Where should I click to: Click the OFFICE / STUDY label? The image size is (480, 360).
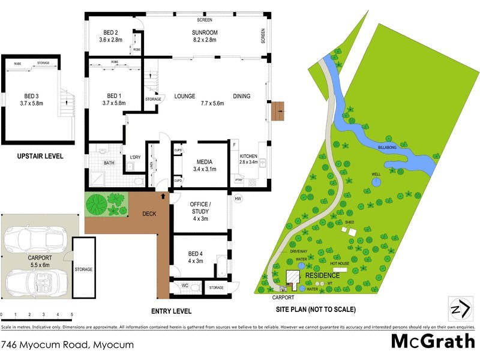tap(200, 208)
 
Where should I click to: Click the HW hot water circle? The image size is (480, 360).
tap(238, 199)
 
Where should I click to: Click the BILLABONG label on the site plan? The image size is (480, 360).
tap(389, 146)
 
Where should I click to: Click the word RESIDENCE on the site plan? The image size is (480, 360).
tap(323, 276)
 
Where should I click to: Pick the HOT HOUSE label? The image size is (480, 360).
tap(339, 263)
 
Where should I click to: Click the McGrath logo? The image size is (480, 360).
tap(431, 341)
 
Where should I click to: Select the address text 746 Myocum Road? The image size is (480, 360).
tap(68, 344)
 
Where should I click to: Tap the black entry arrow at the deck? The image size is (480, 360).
tap(164, 196)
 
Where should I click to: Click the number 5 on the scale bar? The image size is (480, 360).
tap(72, 314)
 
